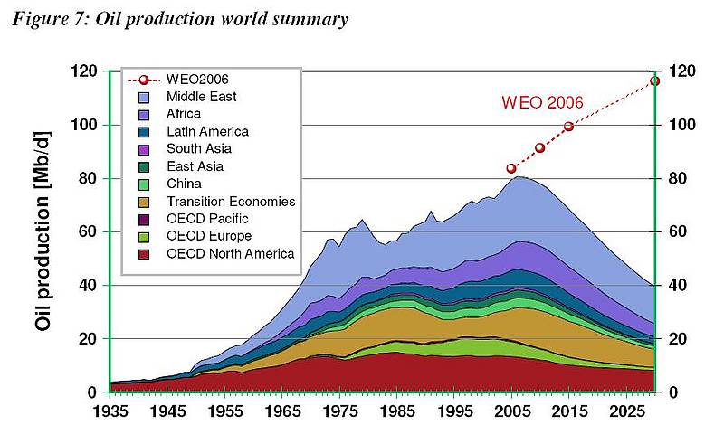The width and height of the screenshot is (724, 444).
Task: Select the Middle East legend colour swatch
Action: pos(144,95)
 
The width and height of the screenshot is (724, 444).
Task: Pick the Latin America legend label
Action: pos(207,131)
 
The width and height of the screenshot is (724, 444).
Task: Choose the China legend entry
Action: pos(184,184)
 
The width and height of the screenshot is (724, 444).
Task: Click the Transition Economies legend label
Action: pos(231,201)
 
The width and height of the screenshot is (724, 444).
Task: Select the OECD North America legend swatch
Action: pos(144,253)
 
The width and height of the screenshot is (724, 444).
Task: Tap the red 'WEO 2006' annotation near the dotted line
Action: pos(543,102)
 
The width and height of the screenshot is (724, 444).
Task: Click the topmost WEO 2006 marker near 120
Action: pos(655,80)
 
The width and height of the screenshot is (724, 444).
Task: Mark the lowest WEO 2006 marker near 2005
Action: pos(511,168)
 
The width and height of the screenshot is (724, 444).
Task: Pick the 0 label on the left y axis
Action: pos(92,392)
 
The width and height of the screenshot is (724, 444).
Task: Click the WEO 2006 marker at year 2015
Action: pos(568,126)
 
